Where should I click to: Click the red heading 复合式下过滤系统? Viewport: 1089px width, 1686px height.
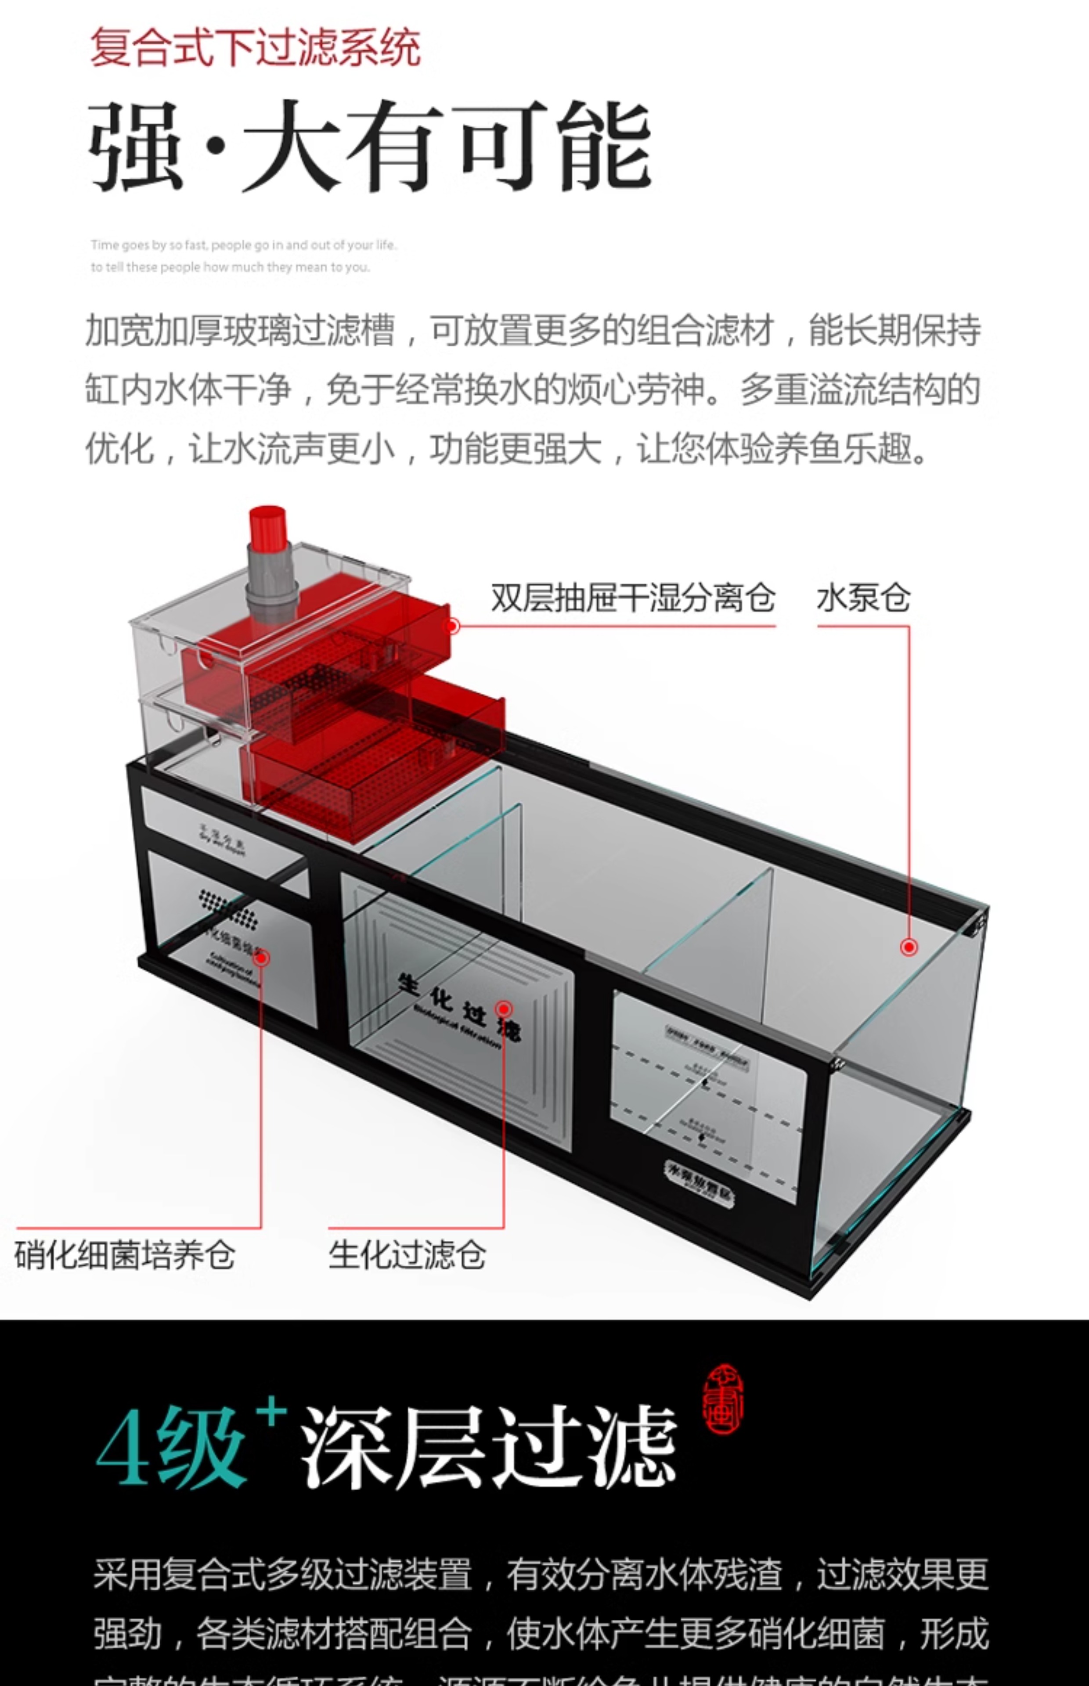coord(255,48)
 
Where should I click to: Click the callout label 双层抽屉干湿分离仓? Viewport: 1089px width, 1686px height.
coord(633,598)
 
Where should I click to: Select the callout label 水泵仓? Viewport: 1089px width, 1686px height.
coord(863,598)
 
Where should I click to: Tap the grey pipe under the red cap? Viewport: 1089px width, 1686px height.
coord(269,580)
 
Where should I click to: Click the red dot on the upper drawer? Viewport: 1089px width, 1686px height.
coord(453,626)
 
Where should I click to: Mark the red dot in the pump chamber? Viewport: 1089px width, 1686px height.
coord(909,947)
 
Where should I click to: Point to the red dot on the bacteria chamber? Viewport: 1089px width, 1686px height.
coord(261,958)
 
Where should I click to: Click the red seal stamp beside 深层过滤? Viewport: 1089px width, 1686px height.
coord(723,1400)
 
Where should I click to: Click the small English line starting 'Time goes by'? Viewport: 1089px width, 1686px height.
coord(244,245)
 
